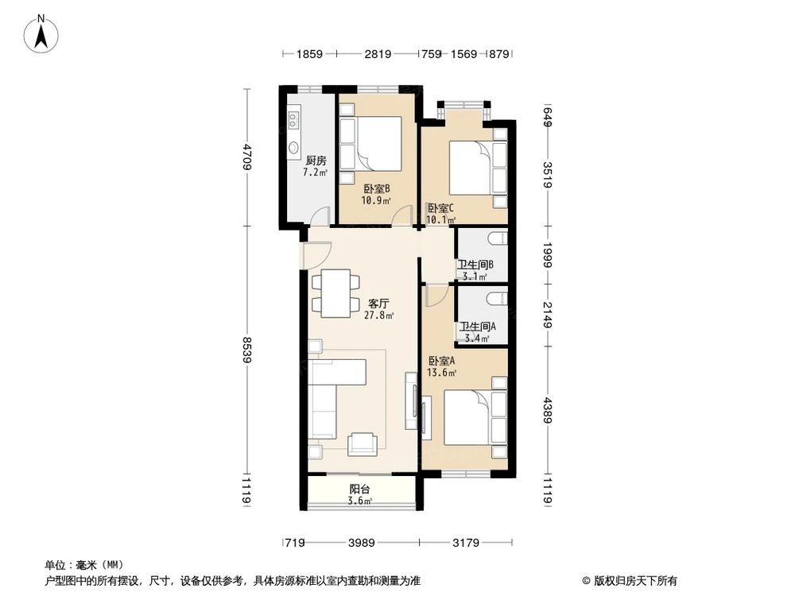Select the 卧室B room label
click(377, 189)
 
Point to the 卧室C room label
click(440, 207)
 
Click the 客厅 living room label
click(379, 304)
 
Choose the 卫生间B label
click(475, 265)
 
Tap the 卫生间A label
click(475, 327)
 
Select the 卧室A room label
click(441, 360)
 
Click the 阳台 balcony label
click(359, 490)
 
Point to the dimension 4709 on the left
click(248, 157)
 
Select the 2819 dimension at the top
click(378, 54)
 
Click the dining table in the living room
click(334, 292)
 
